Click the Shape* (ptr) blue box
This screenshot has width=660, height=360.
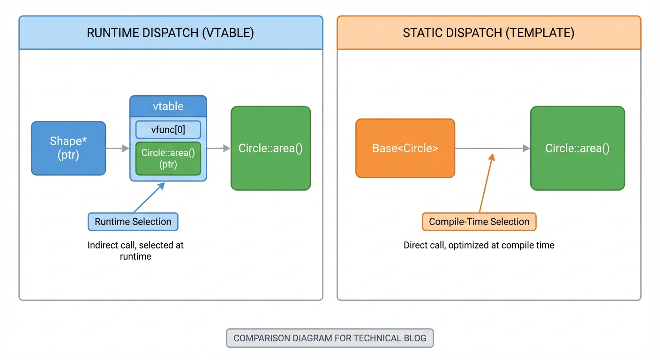(x=68, y=149)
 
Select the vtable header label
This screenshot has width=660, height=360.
(x=168, y=106)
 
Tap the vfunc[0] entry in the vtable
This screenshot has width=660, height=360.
(x=168, y=130)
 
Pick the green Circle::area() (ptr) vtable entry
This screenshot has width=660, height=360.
(x=168, y=158)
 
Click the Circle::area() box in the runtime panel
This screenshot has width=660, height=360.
(x=270, y=149)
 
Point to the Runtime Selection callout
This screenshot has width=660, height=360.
(x=133, y=222)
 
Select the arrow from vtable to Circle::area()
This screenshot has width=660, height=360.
(x=218, y=149)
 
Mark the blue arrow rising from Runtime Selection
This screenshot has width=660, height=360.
(x=149, y=197)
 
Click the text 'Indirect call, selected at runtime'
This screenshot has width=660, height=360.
(x=135, y=251)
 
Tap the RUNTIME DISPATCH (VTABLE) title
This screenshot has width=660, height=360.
(x=171, y=33)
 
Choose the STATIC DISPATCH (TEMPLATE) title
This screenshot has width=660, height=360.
(x=488, y=33)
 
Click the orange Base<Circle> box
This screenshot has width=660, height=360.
(x=405, y=149)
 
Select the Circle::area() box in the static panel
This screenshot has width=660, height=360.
(x=577, y=149)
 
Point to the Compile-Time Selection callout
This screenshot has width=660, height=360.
(x=479, y=222)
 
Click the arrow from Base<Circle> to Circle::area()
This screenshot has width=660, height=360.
(x=492, y=149)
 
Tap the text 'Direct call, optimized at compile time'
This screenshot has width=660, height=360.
(x=479, y=245)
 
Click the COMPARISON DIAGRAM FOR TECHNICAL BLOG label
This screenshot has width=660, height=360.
(x=330, y=338)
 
